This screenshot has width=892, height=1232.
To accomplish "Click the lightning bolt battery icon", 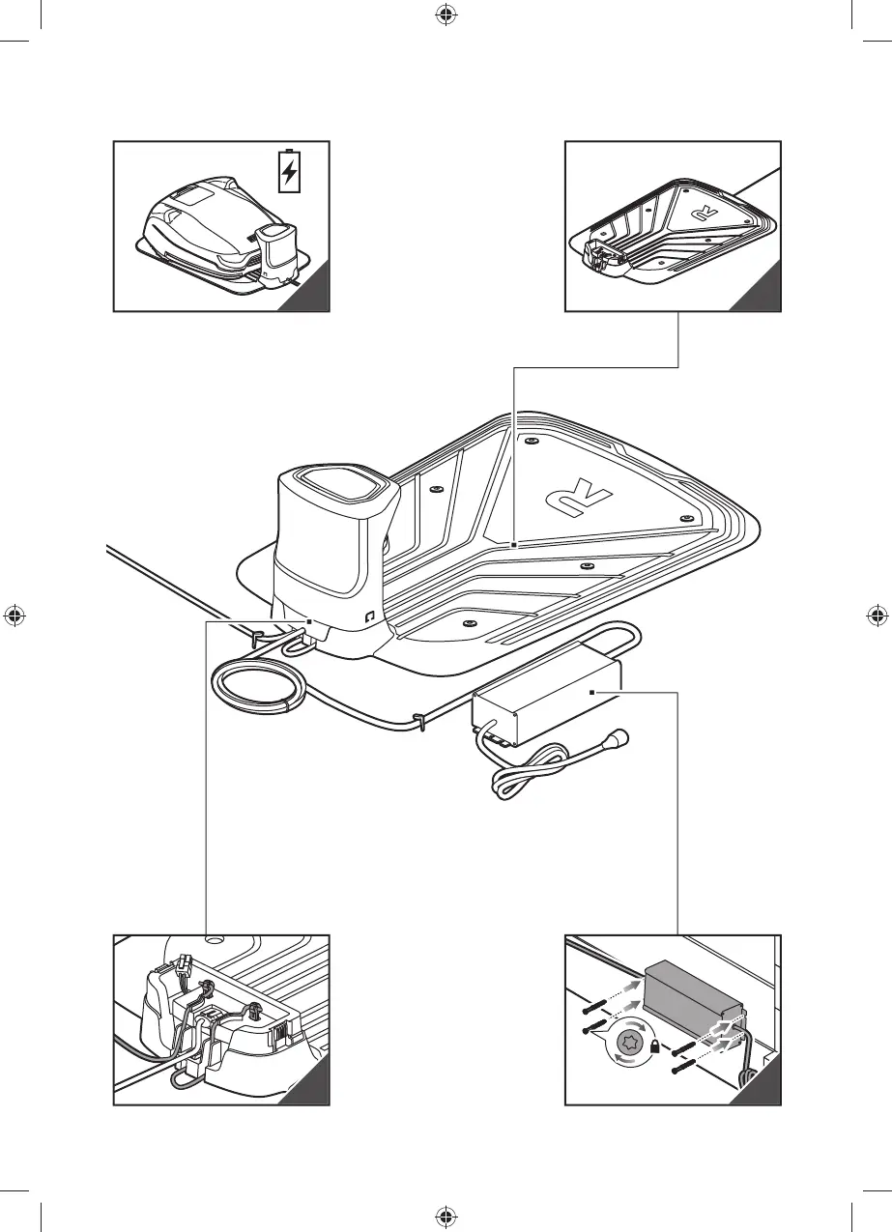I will (289, 173).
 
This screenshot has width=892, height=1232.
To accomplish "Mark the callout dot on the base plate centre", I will (514, 545).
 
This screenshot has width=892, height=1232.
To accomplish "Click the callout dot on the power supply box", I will (592, 693).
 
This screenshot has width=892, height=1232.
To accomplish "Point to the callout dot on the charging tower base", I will (308, 621).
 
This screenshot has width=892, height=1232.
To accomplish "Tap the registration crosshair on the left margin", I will (14, 616).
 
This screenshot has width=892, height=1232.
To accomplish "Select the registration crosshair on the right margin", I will (878, 616).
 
